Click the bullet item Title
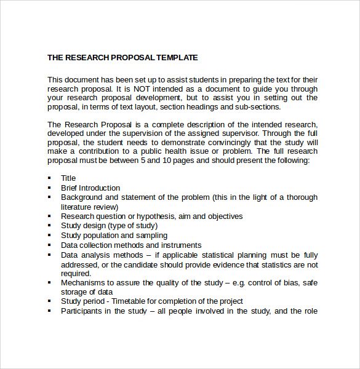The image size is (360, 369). point(68,178)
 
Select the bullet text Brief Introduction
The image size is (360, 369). point(90,188)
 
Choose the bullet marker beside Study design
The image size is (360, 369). point(49,226)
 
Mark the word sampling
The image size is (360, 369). point(151,236)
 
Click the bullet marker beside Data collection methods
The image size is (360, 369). point(49,245)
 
